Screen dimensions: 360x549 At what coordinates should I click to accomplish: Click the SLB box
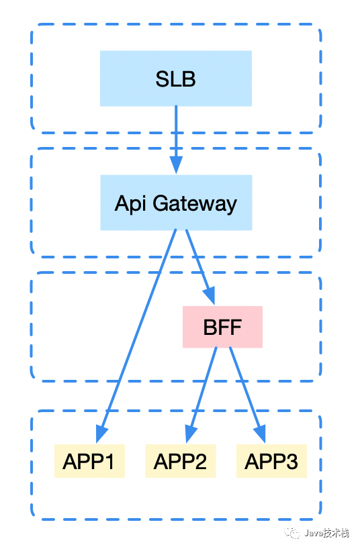pyautogui.click(x=176, y=79)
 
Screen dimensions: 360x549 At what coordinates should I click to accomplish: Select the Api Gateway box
pyautogui.click(x=177, y=203)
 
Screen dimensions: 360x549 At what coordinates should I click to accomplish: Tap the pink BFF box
pyautogui.click(x=222, y=327)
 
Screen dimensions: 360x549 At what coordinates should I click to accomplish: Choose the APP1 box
pyautogui.click(x=90, y=461)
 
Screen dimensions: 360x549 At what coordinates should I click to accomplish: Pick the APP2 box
pyautogui.click(x=181, y=461)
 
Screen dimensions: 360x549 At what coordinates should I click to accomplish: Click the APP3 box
pyautogui.click(x=271, y=461)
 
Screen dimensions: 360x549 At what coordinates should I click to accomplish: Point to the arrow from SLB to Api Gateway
pyautogui.click(x=176, y=140)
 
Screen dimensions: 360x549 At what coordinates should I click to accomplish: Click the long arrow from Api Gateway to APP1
pyautogui.click(x=136, y=336)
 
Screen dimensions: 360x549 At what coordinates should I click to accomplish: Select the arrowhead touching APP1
pyautogui.click(x=101, y=435)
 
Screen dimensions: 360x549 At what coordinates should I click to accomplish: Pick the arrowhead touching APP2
pyautogui.click(x=191, y=435)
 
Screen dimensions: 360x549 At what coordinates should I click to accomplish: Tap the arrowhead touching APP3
pyautogui.click(x=261, y=435)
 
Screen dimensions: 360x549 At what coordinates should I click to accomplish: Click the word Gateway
pyautogui.click(x=195, y=204)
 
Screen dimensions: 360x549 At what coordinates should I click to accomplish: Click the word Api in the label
pyautogui.click(x=130, y=204)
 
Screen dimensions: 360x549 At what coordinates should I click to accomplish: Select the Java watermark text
pyautogui.click(x=326, y=534)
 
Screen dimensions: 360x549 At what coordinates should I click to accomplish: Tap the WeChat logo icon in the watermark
pyautogui.click(x=292, y=533)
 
